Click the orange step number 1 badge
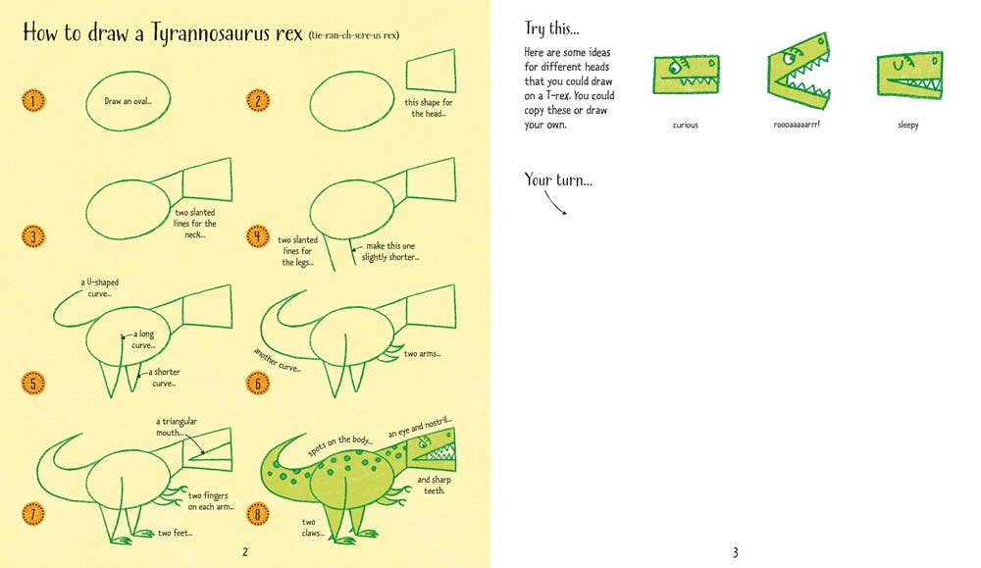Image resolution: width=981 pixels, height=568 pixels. pos(34,100)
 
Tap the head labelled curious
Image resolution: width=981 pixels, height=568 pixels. pos(686,75)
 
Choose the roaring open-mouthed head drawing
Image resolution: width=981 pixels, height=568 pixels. pos(800,70)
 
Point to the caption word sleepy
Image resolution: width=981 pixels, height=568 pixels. pos(907,126)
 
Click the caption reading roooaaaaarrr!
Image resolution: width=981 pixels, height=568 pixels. pos(797,125)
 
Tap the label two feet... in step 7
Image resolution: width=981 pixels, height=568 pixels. pos(175,533)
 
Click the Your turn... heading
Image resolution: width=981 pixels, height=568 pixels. pos(558,180)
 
